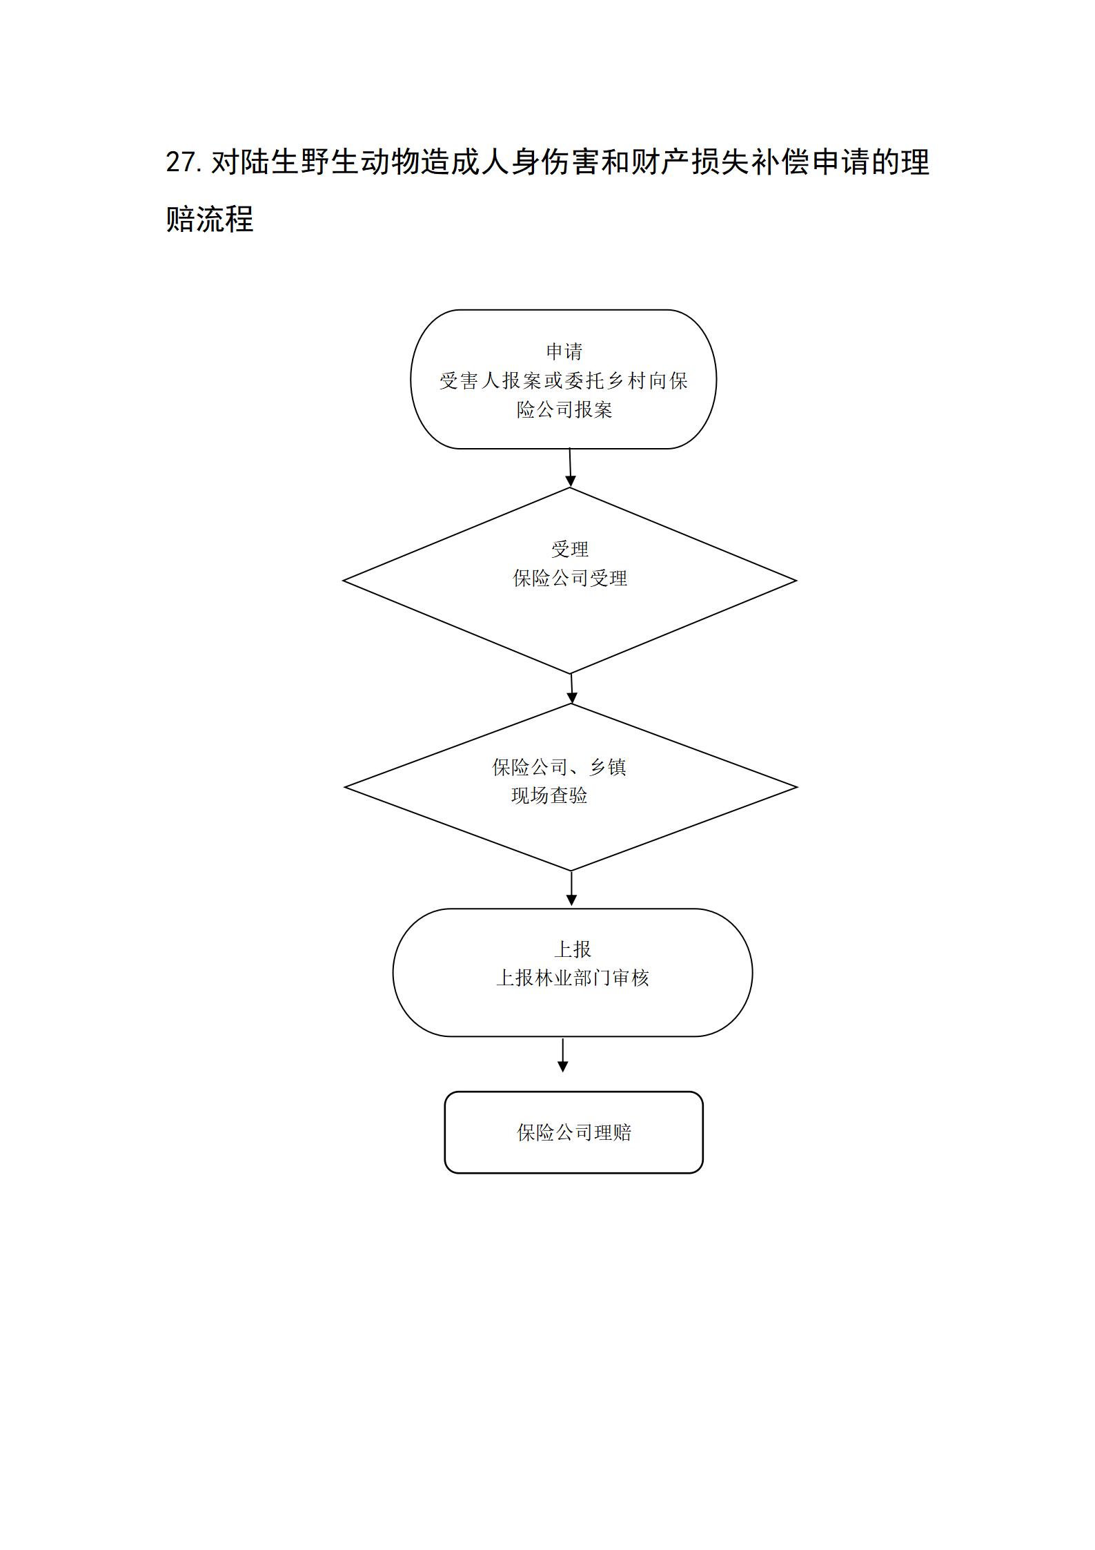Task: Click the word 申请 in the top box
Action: [x=564, y=351]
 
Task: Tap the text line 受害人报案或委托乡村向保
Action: [x=564, y=380]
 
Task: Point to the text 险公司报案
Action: [x=564, y=409]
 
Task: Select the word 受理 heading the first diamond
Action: [x=570, y=549]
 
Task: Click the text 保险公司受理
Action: [x=570, y=578]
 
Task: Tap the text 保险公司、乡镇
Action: [x=559, y=767]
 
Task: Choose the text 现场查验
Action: [x=549, y=795]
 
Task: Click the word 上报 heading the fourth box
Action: [x=573, y=949]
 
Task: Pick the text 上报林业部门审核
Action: [x=573, y=978]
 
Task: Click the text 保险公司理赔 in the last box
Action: [x=574, y=1132]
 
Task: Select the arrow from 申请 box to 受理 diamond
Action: [x=570, y=468]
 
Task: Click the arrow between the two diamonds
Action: [x=571, y=688]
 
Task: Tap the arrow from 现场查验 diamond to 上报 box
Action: [x=571, y=889]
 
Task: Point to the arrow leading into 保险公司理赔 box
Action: [x=563, y=1056]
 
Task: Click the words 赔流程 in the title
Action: [x=210, y=219]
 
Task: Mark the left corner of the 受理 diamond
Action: [x=344, y=581]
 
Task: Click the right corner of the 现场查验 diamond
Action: [x=798, y=787]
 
